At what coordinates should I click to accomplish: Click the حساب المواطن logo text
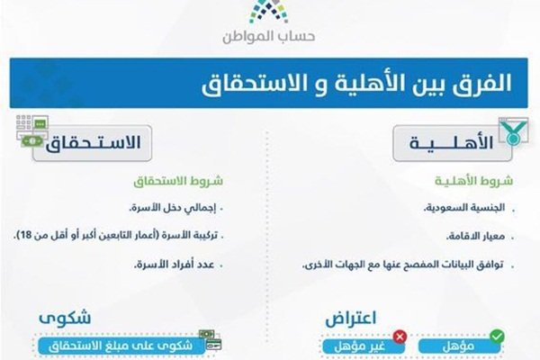coord(268,36)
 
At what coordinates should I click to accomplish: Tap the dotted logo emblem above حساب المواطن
coord(268,12)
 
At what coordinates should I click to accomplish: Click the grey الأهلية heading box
coord(452,143)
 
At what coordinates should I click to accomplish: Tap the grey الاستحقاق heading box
coord(93,143)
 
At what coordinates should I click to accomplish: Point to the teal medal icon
coord(513,132)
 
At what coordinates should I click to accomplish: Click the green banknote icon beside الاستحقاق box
coord(31,141)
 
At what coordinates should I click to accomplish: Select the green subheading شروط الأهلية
coord(474,181)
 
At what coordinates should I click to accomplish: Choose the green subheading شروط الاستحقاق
coord(178,181)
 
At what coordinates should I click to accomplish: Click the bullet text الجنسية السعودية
coord(464,208)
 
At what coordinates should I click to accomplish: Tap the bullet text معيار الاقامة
coord(475,236)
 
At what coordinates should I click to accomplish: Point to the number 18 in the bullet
coord(26,236)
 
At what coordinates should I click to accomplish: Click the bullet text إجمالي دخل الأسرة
coord(173,208)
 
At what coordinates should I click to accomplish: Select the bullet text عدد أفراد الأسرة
coord(175,265)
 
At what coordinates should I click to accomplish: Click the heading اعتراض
coord(351,319)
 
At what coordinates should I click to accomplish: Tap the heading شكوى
coord(65,318)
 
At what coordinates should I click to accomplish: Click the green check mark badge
coord(497,336)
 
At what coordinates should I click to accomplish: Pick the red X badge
coord(400,337)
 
